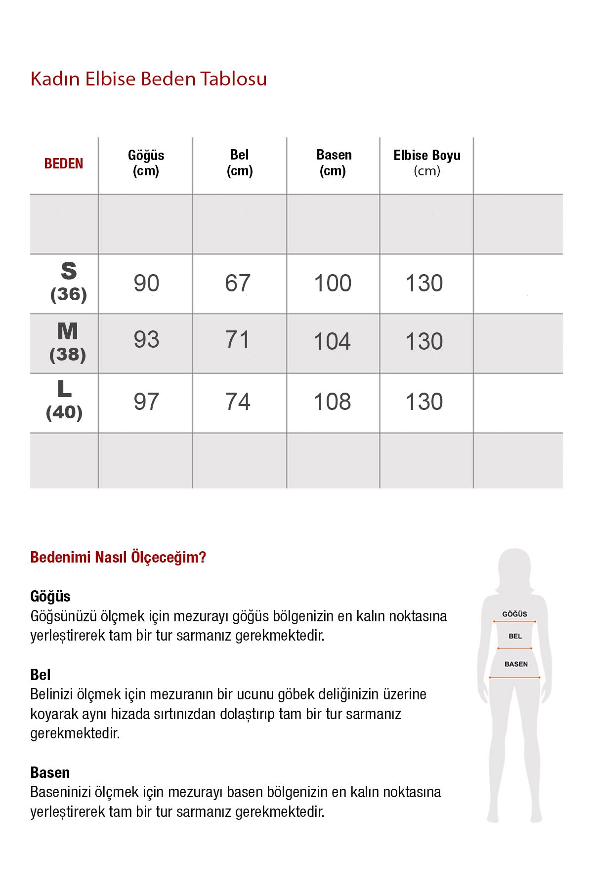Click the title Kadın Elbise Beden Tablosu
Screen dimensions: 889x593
coord(148,79)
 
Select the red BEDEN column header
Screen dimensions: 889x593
coord(64,163)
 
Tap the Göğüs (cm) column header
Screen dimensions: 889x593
coord(146,163)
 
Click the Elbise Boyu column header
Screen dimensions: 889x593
coord(427,162)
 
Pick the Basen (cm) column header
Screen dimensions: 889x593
coord(334,162)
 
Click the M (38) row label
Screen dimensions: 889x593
coord(68,342)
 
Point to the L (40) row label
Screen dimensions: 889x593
coord(64,401)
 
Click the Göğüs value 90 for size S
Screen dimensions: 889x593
coord(146,283)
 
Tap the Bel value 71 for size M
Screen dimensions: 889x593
coord(238,340)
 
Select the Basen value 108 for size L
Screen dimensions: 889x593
coord(332,402)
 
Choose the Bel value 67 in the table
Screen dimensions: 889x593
coord(238,283)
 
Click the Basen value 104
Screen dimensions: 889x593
coord(332,342)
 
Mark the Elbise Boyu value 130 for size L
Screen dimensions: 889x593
coord(424,402)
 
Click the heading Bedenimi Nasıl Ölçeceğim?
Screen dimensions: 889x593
coord(118,557)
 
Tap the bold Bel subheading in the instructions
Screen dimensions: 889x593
coord(41,675)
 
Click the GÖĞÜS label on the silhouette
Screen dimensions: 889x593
coord(514,614)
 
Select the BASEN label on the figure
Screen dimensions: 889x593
coord(516,664)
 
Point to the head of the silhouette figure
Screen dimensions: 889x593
coord(515,568)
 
